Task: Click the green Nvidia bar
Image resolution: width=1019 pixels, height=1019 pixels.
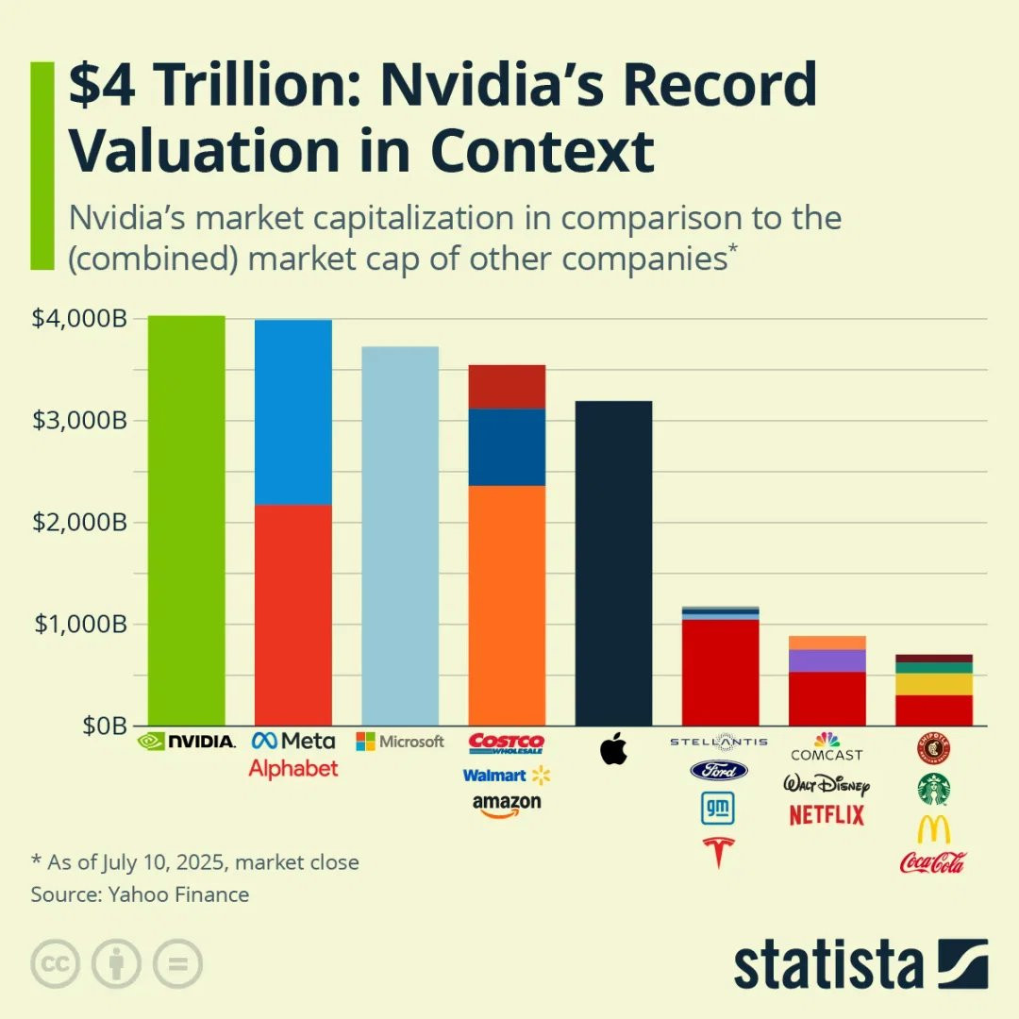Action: tap(186, 519)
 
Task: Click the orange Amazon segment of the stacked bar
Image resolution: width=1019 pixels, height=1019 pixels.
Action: tap(507, 605)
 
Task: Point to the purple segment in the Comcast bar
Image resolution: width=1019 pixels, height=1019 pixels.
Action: tap(827, 660)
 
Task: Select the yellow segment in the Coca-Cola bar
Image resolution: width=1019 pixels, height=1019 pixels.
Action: tap(934, 683)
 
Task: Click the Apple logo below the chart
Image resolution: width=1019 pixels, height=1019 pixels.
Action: tap(613, 750)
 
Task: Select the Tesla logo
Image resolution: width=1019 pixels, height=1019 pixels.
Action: tap(719, 852)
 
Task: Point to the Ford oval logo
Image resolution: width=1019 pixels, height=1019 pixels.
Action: tap(719, 771)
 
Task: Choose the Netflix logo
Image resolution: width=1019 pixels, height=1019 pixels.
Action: tap(827, 815)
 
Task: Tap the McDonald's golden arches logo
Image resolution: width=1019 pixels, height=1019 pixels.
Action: tap(933, 829)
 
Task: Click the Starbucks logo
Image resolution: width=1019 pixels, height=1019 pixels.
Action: tap(933, 789)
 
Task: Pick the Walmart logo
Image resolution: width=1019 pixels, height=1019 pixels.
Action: tap(506, 776)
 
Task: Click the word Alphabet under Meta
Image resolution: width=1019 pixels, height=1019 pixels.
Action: tap(292, 769)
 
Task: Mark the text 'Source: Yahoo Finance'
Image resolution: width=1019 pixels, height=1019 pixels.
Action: tap(140, 894)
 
